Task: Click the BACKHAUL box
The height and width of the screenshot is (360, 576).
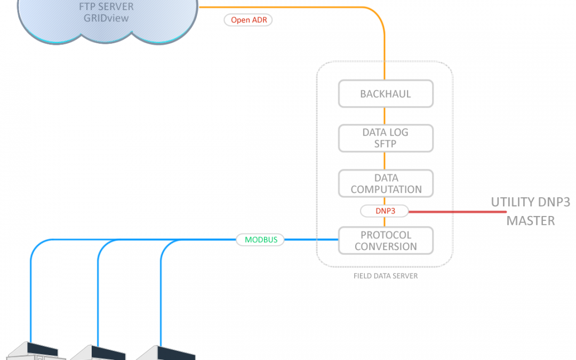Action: click(x=385, y=94)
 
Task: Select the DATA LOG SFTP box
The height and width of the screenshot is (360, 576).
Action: click(x=385, y=138)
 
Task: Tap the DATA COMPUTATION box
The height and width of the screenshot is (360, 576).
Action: click(x=385, y=183)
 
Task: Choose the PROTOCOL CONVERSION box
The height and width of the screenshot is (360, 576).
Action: click(x=385, y=241)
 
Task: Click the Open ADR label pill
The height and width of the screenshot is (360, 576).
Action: click(x=249, y=20)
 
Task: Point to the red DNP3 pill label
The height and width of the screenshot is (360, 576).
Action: click(x=385, y=211)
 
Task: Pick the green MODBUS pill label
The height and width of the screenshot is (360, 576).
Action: click(x=261, y=239)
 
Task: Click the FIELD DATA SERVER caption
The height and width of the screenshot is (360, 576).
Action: click(x=385, y=276)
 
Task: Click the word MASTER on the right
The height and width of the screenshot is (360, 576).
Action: click(x=531, y=220)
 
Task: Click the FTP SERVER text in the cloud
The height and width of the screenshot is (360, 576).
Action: click(x=106, y=6)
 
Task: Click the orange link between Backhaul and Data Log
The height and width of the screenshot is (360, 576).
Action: click(x=385, y=116)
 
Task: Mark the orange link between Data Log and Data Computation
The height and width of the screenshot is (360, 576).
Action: click(x=385, y=161)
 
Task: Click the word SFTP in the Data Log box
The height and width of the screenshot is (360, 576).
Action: click(x=386, y=143)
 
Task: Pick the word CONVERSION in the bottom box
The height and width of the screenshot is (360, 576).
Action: click(x=386, y=246)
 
